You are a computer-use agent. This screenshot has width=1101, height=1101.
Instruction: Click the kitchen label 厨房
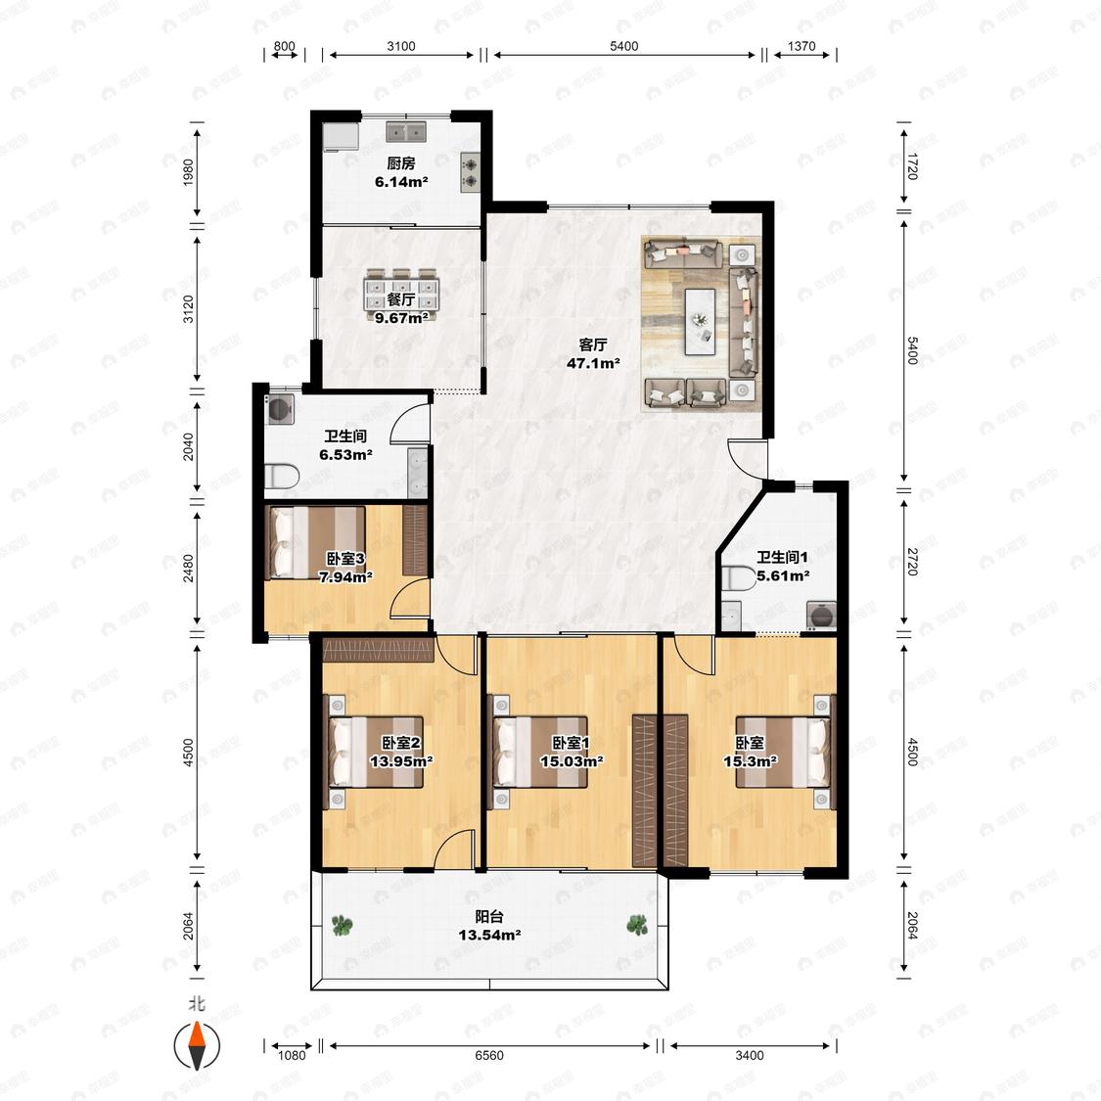tap(401, 163)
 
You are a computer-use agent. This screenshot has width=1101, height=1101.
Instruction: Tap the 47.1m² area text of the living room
tap(593, 364)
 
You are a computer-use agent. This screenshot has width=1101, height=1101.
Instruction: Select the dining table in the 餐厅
tap(401, 295)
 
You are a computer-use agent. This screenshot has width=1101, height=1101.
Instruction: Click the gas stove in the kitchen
tap(469, 172)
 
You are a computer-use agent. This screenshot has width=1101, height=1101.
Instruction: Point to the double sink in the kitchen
tap(406, 131)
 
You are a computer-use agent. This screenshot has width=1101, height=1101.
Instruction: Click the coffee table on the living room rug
tap(700, 322)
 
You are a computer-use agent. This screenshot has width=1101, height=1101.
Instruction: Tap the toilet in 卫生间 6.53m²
tap(282, 477)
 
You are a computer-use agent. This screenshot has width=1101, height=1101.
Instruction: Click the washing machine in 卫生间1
tap(821, 616)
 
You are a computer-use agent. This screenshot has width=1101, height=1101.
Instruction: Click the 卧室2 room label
tap(401, 743)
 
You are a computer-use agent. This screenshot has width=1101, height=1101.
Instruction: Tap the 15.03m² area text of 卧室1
tap(572, 761)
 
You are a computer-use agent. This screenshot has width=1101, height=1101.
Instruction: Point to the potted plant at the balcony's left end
tap(342, 926)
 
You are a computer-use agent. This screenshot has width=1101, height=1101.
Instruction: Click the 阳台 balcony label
tap(489, 916)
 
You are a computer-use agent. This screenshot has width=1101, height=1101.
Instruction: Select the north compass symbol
tap(198, 1045)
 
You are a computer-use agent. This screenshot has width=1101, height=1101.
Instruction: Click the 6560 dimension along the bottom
tap(488, 1055)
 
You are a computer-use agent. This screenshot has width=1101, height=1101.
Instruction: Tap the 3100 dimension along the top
tap(401, 46)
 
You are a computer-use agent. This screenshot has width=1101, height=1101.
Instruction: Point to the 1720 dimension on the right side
tap(912, 165)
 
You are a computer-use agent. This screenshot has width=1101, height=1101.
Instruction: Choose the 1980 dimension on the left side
tap(188, 172)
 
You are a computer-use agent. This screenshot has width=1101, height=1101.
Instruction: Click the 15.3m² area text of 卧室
tap(750, 761)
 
